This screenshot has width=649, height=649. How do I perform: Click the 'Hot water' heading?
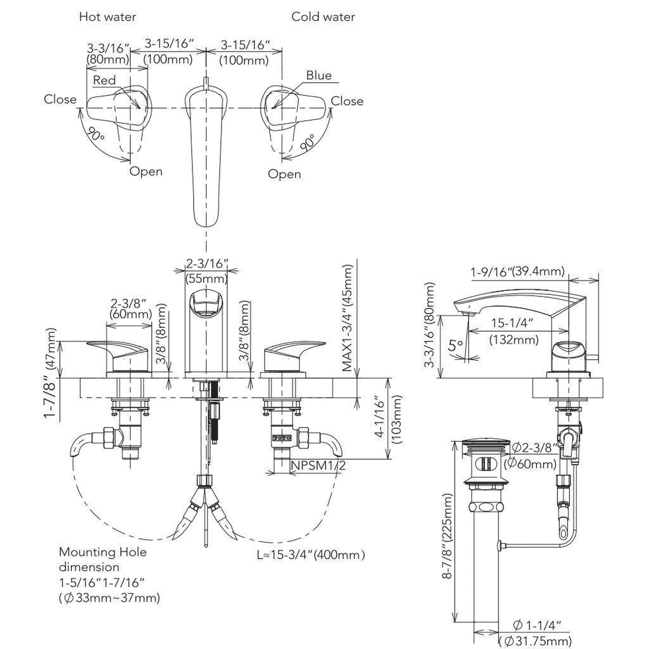(x=107, y=17)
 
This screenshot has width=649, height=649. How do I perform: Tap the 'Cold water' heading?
(x=323, y=17)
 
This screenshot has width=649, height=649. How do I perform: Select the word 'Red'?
(x=104, y=80)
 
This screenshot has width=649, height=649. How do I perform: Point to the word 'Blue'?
(x=318, y=76)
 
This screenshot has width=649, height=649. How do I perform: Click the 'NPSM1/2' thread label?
(x=318, y=466)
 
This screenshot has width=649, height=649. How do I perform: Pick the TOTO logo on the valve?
(x=281, y=438)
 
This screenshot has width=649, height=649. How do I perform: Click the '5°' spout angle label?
(x=456, y=345)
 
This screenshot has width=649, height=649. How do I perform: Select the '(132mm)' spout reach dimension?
(x=514, y=340)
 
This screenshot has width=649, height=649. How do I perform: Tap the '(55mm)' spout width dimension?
(x=206, y=278)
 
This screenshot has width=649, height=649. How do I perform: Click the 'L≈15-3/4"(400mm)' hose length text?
(x=311, y=527)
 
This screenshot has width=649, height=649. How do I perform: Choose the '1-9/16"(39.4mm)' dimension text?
(x=517, y=271)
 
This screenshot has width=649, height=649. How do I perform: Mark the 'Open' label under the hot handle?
(x=146, y=171)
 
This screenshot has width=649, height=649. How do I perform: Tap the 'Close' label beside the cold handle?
(x=347, y=101)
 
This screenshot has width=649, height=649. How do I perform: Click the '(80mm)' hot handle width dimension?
(x=108, y=60)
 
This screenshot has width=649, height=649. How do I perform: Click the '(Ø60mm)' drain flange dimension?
(x=530, y=464)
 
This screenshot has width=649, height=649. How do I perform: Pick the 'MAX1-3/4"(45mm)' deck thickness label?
(x=348, y=318)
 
